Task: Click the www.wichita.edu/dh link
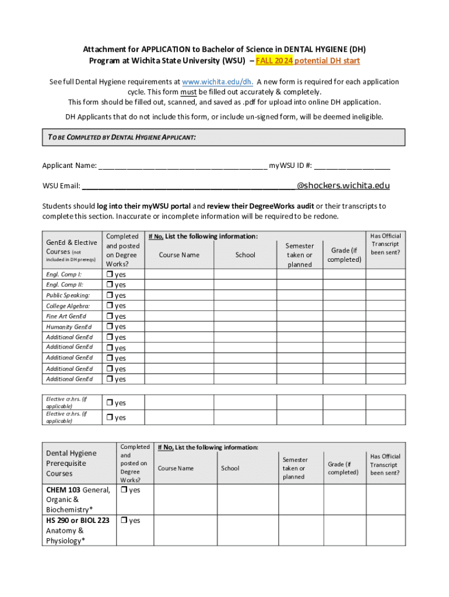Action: coord(217,82)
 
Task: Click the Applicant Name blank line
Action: coord(183,166)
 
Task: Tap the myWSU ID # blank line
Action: coord(352,166)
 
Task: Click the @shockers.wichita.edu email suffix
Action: coord(343,186)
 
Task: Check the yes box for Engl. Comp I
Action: coord(109,275)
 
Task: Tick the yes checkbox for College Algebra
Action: coord(109,306)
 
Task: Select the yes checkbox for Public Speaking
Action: coord(109,296)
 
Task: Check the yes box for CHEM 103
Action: coord(124,490)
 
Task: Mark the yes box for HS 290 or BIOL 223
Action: coord(124,521)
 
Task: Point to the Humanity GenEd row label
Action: coord(69,327)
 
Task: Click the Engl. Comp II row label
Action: coord(64,285)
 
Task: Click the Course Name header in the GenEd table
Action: coord(179,255)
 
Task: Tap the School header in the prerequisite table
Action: coord(230,468)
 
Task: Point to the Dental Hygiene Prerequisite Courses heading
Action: coord(71,463)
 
